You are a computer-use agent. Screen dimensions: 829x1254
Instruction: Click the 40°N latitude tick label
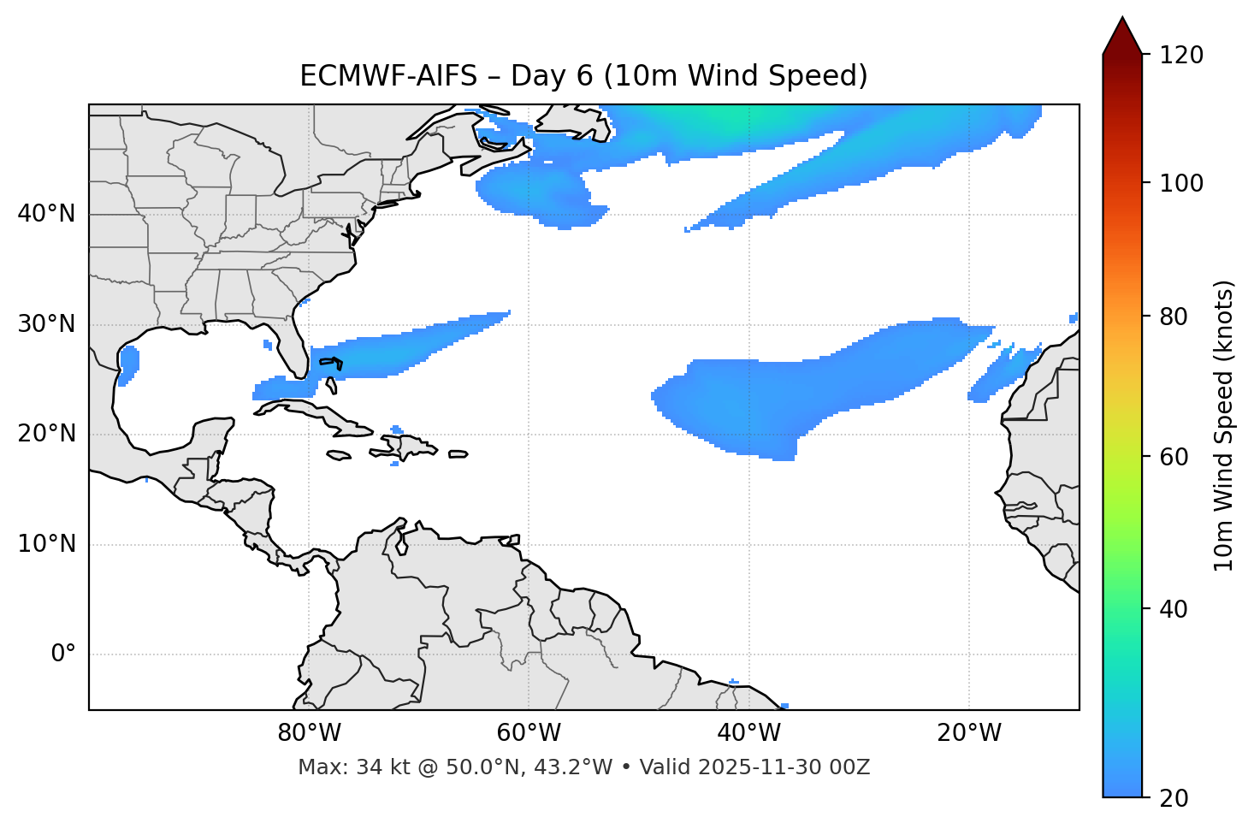[46, 214]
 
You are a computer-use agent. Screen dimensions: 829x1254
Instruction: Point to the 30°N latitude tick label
[46, 324]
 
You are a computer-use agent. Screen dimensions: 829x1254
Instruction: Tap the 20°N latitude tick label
[46, 434]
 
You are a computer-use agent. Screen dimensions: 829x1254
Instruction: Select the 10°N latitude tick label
[46, 544]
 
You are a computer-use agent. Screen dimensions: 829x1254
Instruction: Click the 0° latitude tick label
[63, 654]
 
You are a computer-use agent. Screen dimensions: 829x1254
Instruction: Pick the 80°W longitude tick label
[309, 733]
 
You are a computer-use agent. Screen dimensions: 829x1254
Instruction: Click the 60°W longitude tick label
[529, 733]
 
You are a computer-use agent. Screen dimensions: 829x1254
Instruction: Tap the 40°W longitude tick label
[748, 733]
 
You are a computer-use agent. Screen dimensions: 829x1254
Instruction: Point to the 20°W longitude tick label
[968, 733]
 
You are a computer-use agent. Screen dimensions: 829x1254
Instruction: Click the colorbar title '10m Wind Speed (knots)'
[1224, 425]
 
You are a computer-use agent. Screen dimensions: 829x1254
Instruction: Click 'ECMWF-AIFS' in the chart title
[388, 76]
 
